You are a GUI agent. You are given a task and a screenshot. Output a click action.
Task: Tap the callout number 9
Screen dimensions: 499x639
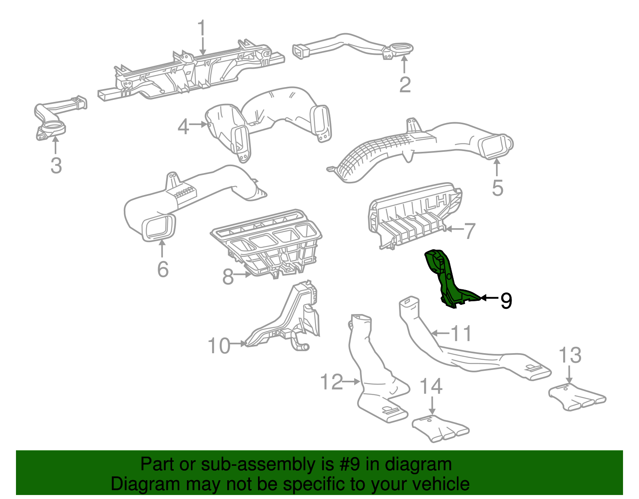pos(506,300)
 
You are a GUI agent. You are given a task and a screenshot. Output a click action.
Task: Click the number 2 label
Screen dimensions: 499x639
pos(405,85)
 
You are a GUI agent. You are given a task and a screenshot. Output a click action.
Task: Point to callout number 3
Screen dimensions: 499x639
pos(56,165)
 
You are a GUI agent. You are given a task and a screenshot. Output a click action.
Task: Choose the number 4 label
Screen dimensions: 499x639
pos(183,127)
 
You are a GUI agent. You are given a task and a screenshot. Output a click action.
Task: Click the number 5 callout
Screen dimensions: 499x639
pos(497,188)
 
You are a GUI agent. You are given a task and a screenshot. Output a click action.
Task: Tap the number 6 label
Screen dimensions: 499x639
pos(163,269)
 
